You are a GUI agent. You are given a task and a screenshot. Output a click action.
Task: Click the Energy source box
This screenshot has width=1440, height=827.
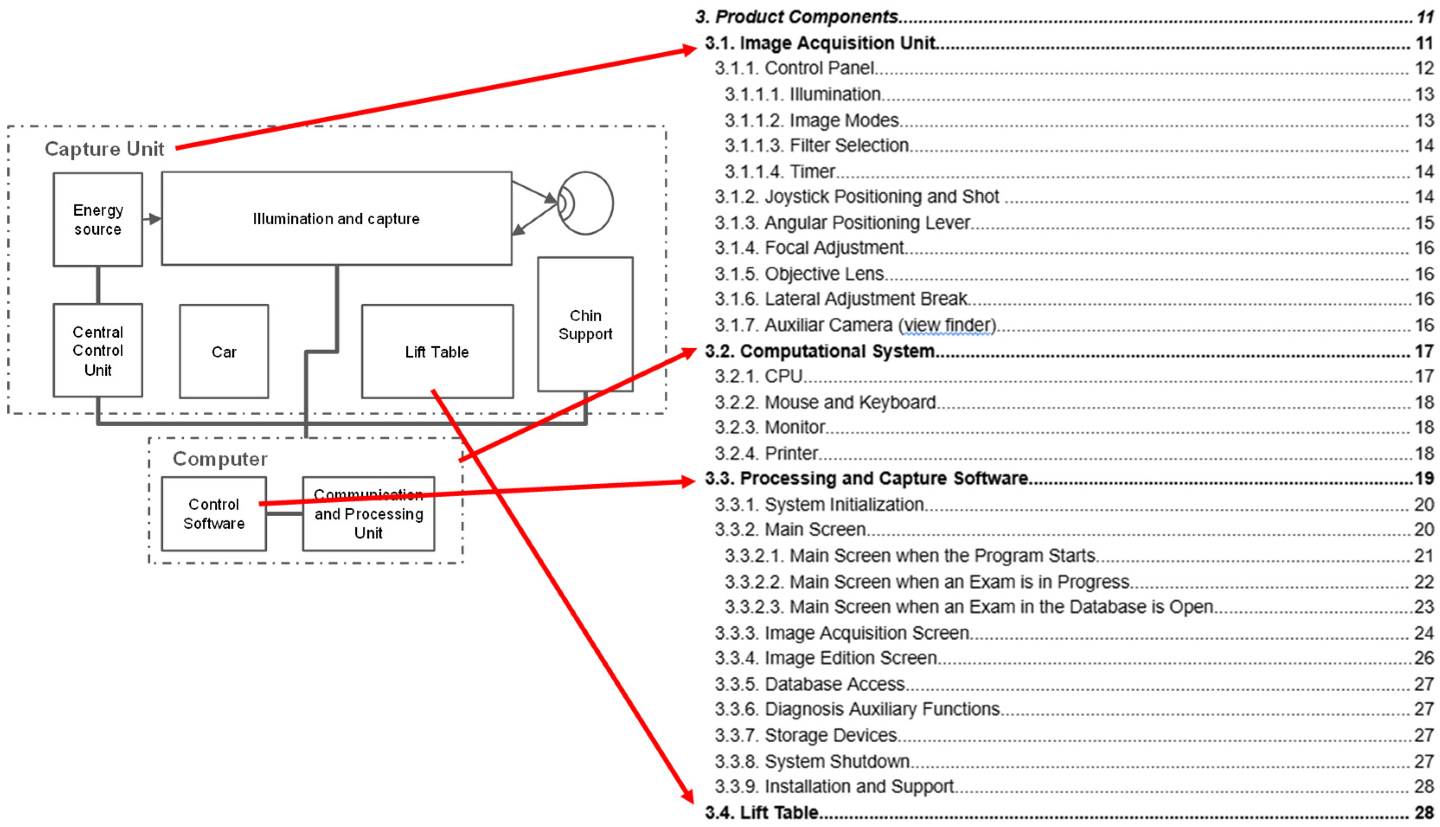(x=98, y=219)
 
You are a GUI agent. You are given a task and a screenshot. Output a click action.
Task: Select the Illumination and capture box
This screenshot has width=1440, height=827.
(x=336, y=219)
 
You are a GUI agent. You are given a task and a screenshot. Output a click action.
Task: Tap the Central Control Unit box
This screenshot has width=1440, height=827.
(x=98, y=351)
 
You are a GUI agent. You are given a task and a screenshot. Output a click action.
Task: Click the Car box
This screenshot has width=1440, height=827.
(x=224, y=351)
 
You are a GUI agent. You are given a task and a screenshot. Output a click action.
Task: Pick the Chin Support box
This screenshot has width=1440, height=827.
(x=585, y=324)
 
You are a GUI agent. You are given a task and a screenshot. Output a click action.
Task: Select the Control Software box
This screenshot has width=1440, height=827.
(x=214, y=514)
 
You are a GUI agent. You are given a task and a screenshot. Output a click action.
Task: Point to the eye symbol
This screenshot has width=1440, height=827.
(x=585, y=203)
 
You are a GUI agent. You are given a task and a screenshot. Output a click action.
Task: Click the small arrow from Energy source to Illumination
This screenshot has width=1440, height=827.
(x=152, y=219)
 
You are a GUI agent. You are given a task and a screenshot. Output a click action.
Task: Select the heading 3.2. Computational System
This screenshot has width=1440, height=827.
(x=820, y=351)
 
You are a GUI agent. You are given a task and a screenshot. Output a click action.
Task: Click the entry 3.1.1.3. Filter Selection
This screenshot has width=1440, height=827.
(x=817, y=145)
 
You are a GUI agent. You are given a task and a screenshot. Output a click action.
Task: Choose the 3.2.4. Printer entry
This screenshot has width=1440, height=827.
(x=766, y=453)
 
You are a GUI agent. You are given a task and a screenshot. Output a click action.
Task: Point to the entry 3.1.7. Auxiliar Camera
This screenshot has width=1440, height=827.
(x=855, y=325)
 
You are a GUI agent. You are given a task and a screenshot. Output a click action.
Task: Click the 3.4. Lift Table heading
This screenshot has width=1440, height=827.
(x=761, y=812)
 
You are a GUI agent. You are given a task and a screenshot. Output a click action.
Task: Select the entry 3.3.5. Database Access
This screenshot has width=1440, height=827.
(x=810, y=684)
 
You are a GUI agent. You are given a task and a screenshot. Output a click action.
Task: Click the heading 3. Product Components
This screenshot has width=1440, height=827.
(x=797, y=17)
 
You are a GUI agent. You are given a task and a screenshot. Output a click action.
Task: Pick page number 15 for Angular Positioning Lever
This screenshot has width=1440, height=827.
(x=1424, y=223)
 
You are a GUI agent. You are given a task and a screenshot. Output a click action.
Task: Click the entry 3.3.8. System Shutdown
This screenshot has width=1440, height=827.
(x=812, y=761)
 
